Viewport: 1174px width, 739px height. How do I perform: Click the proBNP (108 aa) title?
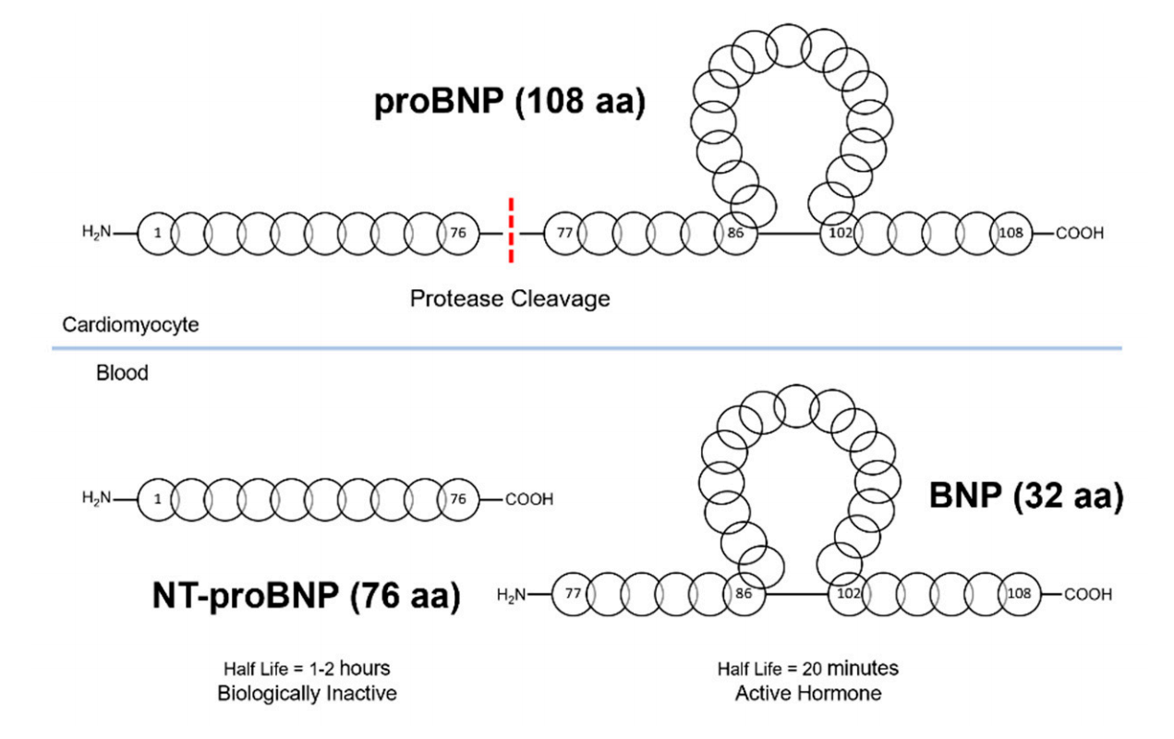[507, 103]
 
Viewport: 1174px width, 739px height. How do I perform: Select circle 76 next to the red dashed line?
[458, 233]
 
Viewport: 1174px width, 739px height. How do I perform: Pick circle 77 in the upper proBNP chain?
[564, 233]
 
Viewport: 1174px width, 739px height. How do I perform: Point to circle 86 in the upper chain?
[735, 233]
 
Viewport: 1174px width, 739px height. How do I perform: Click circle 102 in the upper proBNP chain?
[840, 233]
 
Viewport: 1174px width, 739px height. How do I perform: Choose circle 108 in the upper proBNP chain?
[1011, 233]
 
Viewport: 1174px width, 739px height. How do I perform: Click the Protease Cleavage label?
[511, 298]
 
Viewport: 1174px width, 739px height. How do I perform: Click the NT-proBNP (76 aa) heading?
[306, 596]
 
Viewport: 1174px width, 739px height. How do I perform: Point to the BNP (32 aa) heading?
[1025, 499]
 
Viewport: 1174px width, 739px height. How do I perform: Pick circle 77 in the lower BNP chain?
[571, 595]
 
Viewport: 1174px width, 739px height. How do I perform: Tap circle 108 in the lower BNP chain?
[1019, 595]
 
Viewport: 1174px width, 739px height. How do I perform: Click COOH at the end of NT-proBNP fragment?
[529, 500]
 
